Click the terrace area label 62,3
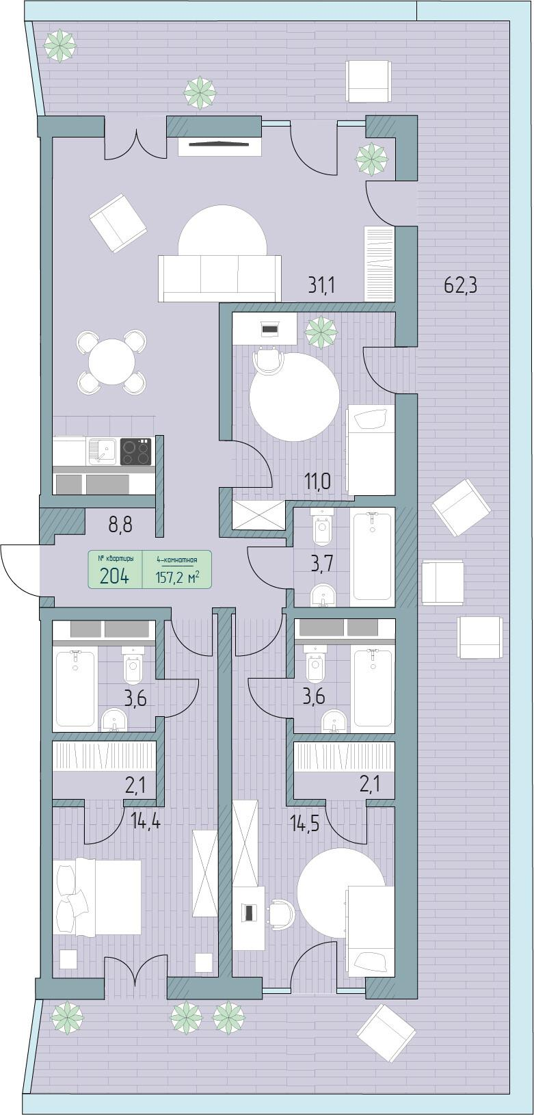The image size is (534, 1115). pyautogui.click(x=460, y=286)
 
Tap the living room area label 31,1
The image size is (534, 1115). pyautogui.click(x=321, y=286)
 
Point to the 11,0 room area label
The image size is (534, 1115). pyautogui.click(x=317, y=482)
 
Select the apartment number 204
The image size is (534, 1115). pyautogui.click(x=114, y=576)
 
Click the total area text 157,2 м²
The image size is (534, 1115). pyautogui.click(x=178, y=577)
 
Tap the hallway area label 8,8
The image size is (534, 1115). pyautogui.click(x=120, y=525)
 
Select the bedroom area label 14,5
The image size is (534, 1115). pyautogui.click(x=304, y=823)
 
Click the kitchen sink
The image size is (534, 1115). pyautogui.click(x=103, y=451)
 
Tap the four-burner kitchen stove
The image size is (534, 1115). pyautogui.click(x=135, y=451)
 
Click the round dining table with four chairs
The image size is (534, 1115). pyautogui.click(x=112, y=362)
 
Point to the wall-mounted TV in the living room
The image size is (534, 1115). pyautogui.click(x=219, y=144)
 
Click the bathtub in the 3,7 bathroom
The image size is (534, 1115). pyautogui.click(x=372, y=557)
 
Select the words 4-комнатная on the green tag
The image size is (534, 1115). pyautogui.click(x=177, y=560)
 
